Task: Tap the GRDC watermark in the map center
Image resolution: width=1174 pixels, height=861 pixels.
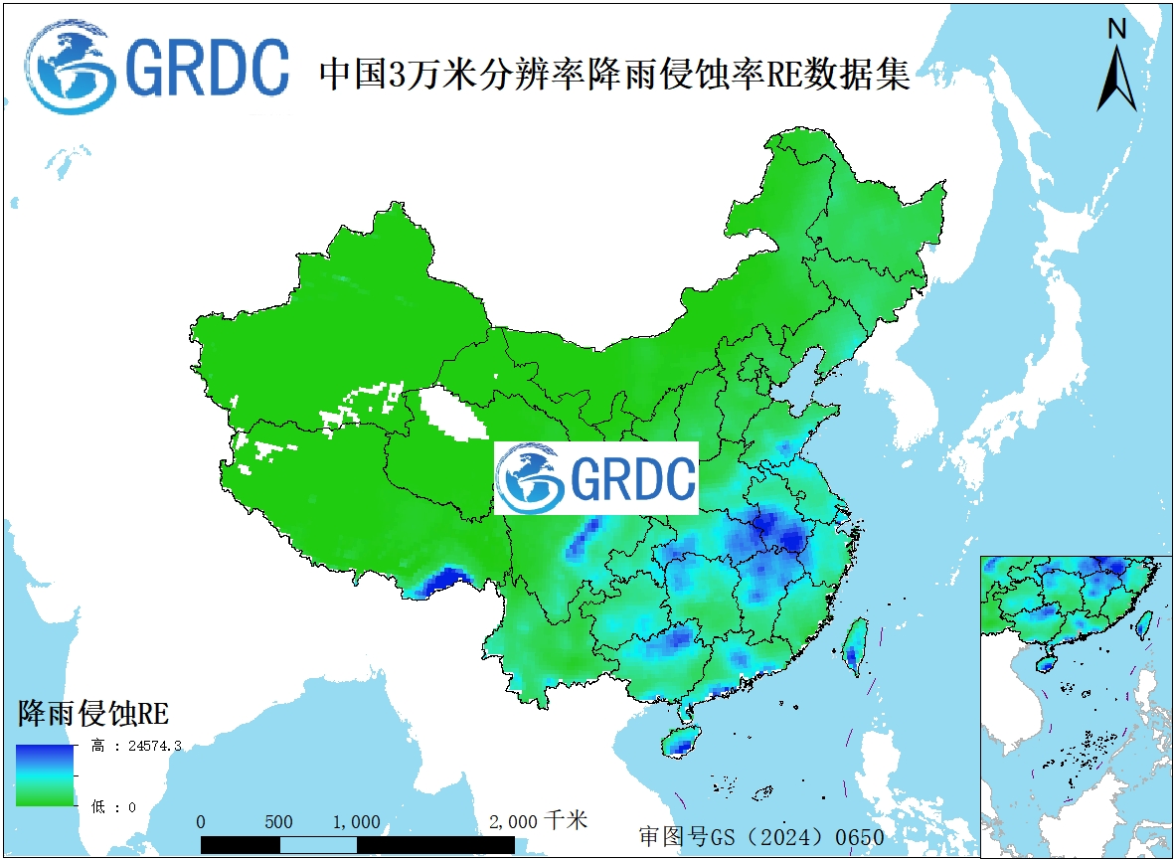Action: pos(596,478)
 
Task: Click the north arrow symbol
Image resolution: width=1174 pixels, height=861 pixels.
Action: pos(1116,80)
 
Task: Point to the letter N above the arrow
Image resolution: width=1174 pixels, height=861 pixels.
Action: pos(1116,30)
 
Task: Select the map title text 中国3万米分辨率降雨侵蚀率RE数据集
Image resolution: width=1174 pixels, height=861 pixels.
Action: pos(614,75)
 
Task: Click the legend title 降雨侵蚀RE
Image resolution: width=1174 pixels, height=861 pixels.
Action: pos(92,713)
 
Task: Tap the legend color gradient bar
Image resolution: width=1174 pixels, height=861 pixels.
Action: pos(45,775)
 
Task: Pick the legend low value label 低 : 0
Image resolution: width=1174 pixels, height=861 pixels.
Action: pos(113,807)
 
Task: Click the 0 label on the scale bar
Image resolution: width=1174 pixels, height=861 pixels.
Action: pos(202,822)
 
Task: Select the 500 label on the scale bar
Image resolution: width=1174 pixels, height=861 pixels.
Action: pos(279,822)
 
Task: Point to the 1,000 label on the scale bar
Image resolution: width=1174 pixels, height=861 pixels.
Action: pos(356,822)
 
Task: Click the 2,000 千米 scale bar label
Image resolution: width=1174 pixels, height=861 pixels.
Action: pos(538,821)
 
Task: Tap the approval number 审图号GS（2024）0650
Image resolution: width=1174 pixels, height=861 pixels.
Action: pos(761,836)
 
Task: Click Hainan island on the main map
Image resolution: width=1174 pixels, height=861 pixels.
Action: pos(680,741)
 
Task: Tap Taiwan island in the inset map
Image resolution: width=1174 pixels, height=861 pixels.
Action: pos(1144,623)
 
